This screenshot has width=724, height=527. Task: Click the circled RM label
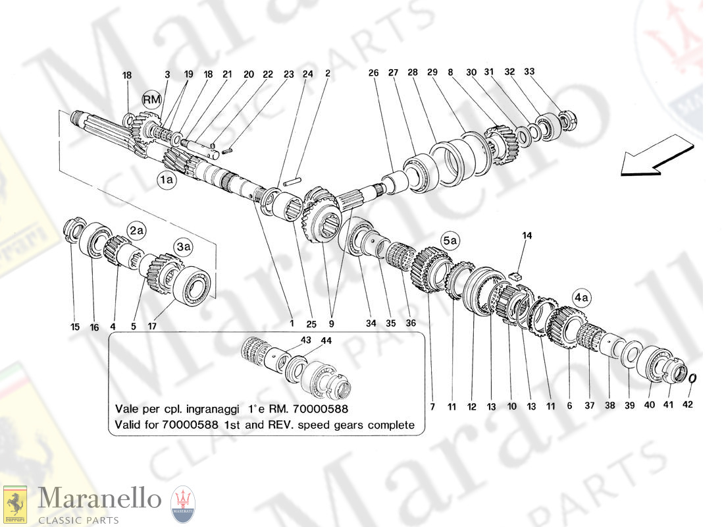coord(151,99)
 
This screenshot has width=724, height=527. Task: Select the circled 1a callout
coord(167,179)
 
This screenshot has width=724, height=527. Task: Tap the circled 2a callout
coord(136,230)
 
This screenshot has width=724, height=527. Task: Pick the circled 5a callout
coord(450,240)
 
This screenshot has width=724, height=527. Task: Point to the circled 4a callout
coord(581,297)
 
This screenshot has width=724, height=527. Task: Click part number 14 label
coord(527,236)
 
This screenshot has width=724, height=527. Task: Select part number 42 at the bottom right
coord(688,404)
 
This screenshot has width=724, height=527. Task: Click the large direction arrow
coord(657,155)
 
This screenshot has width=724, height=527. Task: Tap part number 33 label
coord(529,71)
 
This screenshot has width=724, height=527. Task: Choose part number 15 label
coord(75,327)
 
